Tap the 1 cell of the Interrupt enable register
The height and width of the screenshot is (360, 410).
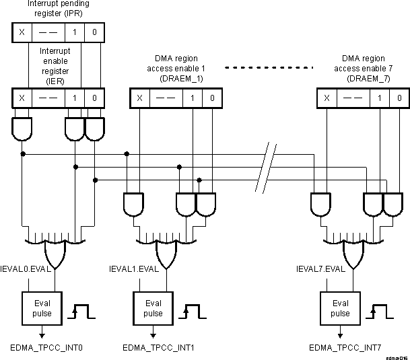(75, 98)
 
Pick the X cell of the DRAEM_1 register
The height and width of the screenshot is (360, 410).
(139, 98)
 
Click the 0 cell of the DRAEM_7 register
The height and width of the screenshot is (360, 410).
(399, 98)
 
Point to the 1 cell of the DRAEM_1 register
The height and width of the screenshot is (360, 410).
(193, 98)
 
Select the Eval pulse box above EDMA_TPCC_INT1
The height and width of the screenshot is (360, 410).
(153, 308)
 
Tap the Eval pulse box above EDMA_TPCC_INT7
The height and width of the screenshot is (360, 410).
(341, 308)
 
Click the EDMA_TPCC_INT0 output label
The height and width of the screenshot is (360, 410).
(41, 348)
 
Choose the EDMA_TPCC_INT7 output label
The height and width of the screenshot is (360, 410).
(345, 348)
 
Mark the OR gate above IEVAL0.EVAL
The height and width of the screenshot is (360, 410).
(54, 252)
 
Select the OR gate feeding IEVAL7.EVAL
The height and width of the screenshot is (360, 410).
(355, 252)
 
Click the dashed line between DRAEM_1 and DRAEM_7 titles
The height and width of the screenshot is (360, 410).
(269, 68)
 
